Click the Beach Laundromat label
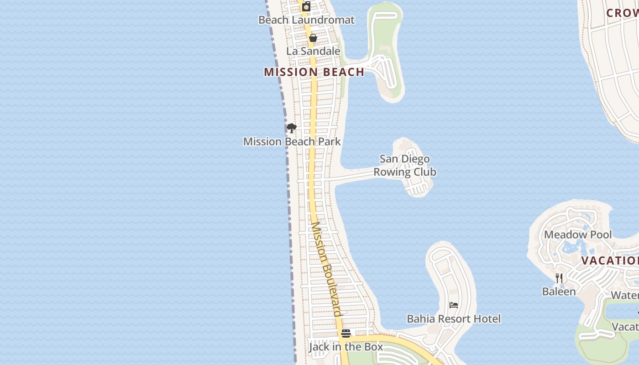coord(306,20)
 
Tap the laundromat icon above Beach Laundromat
coord(306,6)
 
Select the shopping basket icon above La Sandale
coord(313,38)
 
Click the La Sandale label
coord(313,51)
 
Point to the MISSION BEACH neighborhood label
coord(314,72)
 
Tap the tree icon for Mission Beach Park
coord(292,128)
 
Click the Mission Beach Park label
coord(292,141)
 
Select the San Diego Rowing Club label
coord(405,166)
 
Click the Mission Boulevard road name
coord(326,269)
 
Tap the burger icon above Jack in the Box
coord(346,334)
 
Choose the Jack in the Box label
coord(346,347)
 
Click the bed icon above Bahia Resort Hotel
coord(454,305)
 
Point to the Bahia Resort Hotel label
coord(454,319)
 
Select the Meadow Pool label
coord(578,235)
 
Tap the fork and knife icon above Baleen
coord(559,278)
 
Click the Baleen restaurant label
coord(559,292)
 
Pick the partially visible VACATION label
coord(610,261)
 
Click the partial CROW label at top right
coord(622,13)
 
